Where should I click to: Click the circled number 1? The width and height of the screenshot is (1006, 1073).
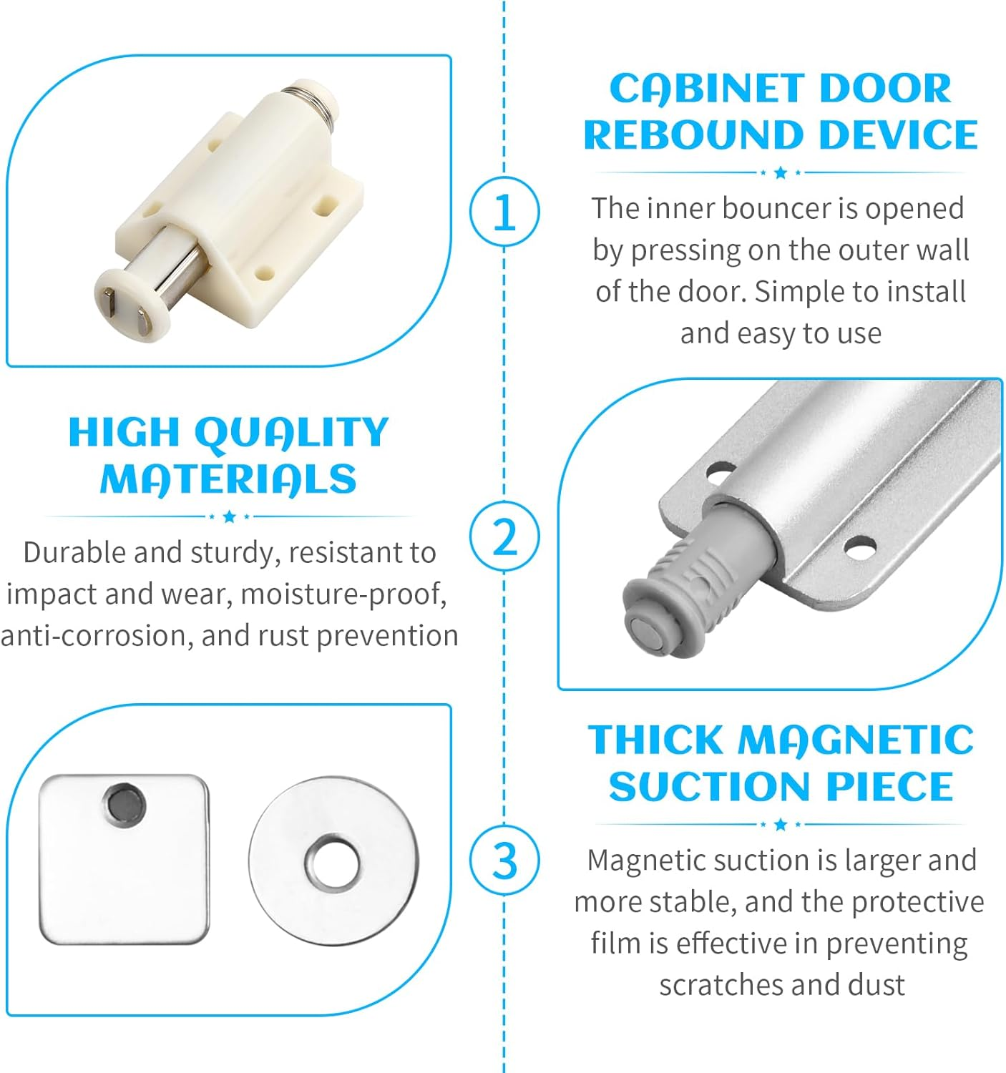[504, 212]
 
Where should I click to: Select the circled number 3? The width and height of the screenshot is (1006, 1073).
[504, 860]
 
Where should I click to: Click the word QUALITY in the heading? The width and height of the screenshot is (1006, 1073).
[290, 433]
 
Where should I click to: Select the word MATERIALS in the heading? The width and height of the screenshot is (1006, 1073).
[228, 479]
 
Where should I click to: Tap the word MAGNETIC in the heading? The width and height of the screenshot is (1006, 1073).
[856, 740]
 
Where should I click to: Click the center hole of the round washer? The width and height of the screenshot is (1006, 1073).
[333, 861]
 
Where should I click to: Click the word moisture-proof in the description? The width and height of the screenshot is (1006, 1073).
[343, 594]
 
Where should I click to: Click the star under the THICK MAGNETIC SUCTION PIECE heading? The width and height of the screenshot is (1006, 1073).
[781, 825]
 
